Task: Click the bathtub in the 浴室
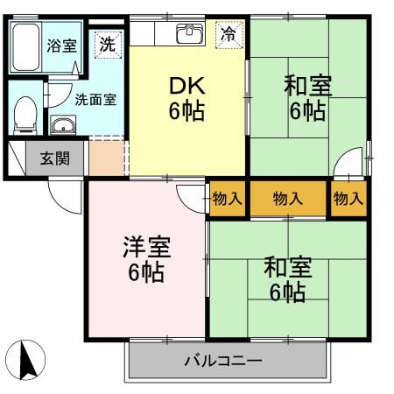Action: pyautogui.click(x=26, y=47)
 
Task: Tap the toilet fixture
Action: pyautogui.click(x=25, y=116)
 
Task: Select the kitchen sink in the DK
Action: pyautogui.click(x=190, y=34)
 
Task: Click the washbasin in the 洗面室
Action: pyautogui.click(x=63, y=125)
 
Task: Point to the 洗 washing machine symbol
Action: pyautogui.click(x=108, y=45)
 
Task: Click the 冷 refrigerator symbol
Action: pyautogui.click(x=229, y=34)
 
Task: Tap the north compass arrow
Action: pyautogui.click(x=28, y=360)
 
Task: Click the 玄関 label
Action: pyautogui.click(x=55, y=158)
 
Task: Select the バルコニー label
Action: pyautogui.click(x=223, y=361)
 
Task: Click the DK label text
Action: pyautogui.click(x=187, y=86)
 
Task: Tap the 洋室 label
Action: pyautogui.click(x=147, y=247)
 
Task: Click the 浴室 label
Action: pyautogui.click(x=62, y=46)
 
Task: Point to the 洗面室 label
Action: pyautogui.click(x=95, y=100)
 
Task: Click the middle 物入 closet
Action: pyautogui.click(x=288, y=199)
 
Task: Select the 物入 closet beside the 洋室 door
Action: pyautogui.click(x=227, y=199)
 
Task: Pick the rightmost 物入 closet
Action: pyautogui.click(x=348, y=199)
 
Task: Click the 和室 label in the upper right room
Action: pyautogui.click(x=308, y=86)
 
